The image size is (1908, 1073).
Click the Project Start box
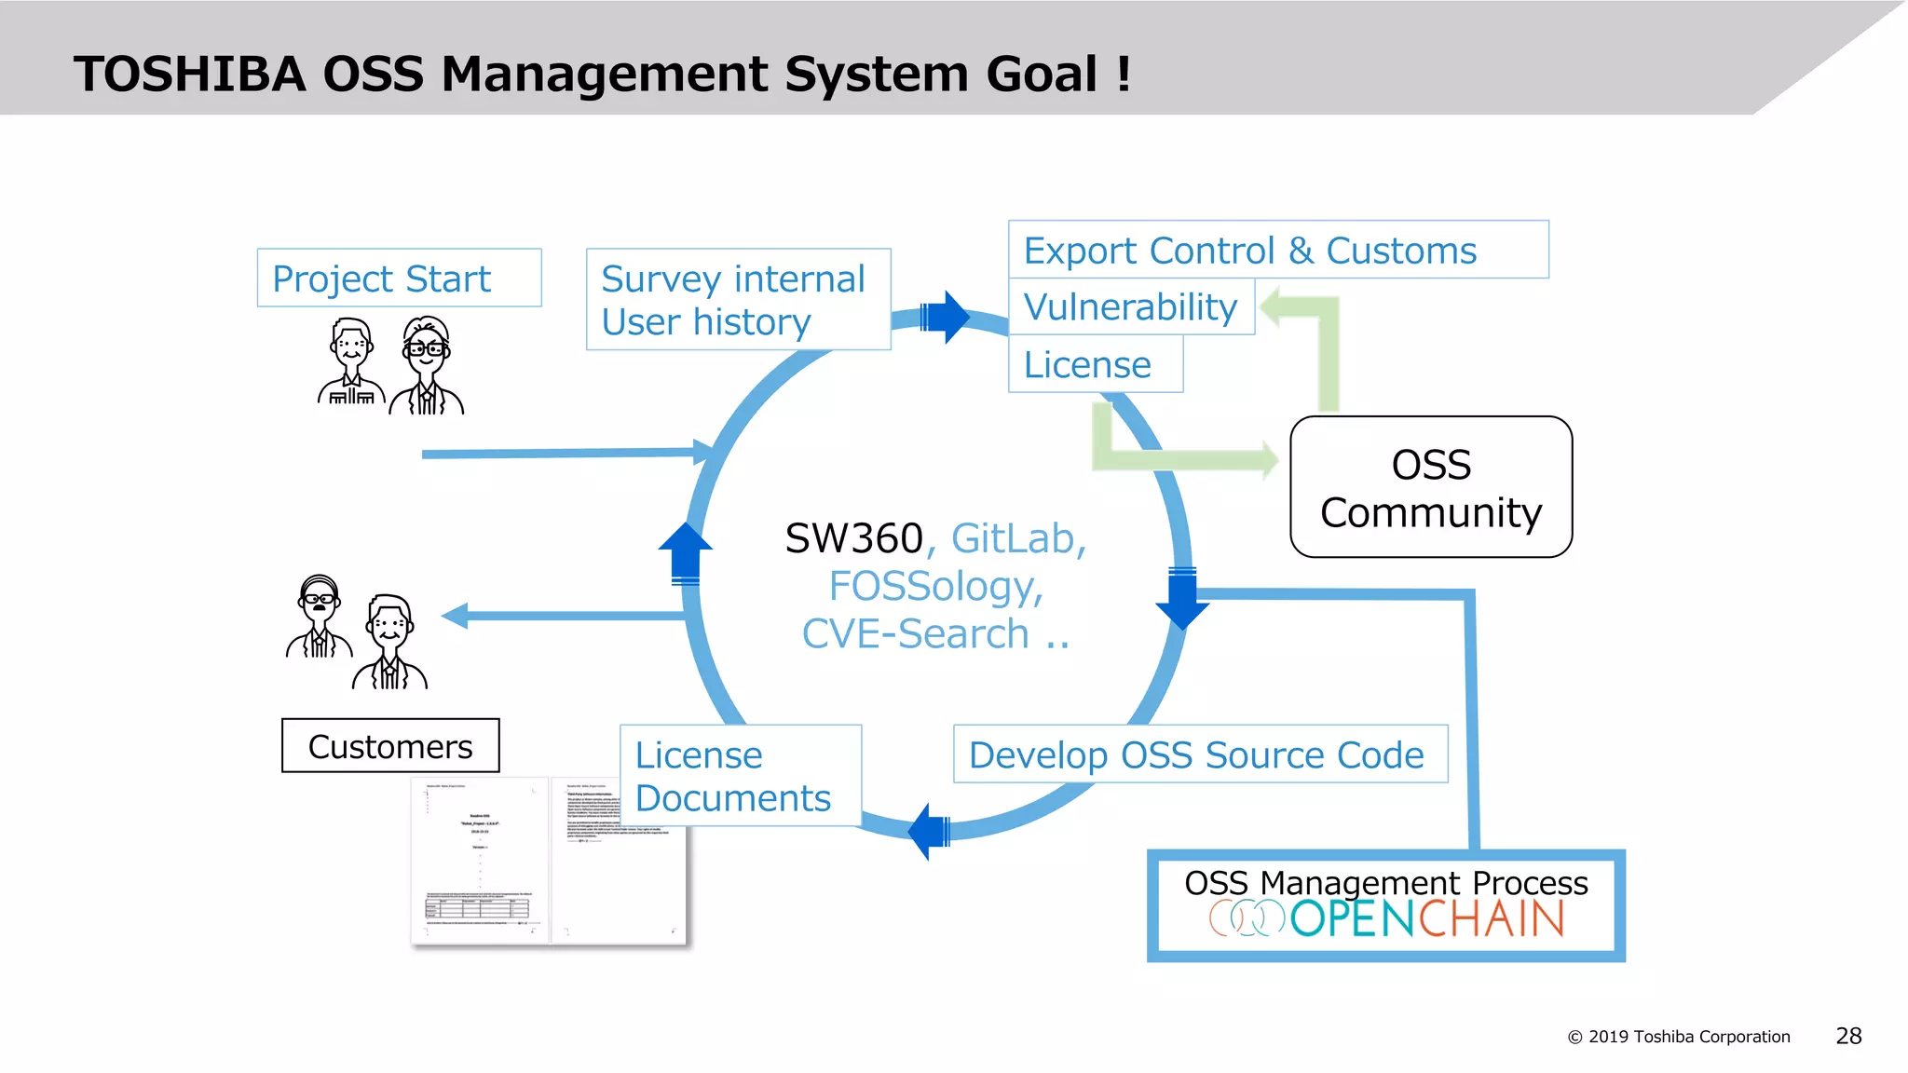point(399,278)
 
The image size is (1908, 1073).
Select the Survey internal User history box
point(738,299)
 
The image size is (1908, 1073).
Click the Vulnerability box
point(1131,306)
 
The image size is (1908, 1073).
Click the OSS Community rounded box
point(1431,487)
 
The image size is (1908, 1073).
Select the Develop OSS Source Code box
point(1200,754)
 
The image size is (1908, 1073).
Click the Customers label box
point(390,746)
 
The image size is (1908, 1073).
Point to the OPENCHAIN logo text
point(1425,919)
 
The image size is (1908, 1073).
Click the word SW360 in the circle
point(853,538)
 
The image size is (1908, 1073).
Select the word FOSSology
point(935,586)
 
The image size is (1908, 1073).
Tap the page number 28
point(1848,1036)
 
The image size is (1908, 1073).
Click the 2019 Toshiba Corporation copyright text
point(1679,1037)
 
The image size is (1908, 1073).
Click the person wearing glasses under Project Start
point(427,364)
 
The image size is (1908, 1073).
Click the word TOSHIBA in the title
point(190,74)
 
